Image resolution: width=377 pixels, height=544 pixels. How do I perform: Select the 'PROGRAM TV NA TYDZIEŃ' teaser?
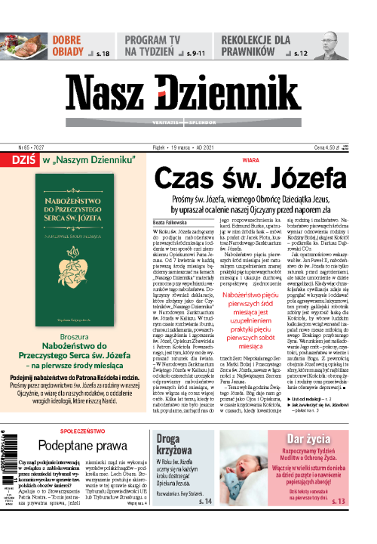(159, 44)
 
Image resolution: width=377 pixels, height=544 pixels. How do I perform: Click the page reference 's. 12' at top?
(301, 54)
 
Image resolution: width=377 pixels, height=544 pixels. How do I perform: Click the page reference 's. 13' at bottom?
(337, 522)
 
